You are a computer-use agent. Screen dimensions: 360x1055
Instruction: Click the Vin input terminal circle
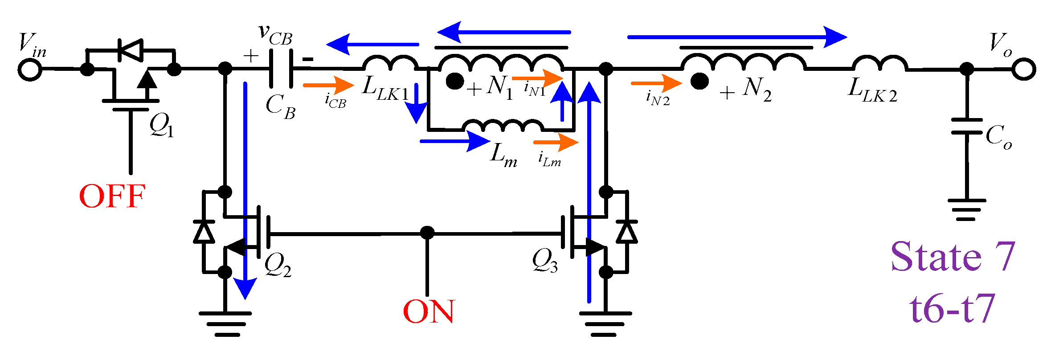click(30, 70)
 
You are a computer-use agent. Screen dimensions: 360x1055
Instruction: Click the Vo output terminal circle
click(1024, 70)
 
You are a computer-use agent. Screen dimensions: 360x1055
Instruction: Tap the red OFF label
click(112, 196)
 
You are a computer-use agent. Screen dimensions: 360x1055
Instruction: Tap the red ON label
click(428, 311)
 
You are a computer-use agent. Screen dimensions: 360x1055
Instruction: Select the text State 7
click(953, 257)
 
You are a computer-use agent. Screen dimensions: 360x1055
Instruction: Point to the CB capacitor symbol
click(281, 69)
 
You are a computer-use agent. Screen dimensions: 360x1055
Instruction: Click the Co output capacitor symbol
click(966, 127)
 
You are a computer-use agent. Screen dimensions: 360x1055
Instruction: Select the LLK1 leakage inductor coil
click(390, 64)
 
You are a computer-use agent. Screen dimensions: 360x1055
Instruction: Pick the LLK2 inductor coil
click(880, 64)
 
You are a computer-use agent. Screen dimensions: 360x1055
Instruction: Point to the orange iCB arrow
click(328, 85)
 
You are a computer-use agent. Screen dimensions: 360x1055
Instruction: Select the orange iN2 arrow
click(656, 83)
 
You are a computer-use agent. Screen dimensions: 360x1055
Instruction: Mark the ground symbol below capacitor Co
click(966, 209)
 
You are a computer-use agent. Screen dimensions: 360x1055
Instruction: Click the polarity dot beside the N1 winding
click(455, 82)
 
